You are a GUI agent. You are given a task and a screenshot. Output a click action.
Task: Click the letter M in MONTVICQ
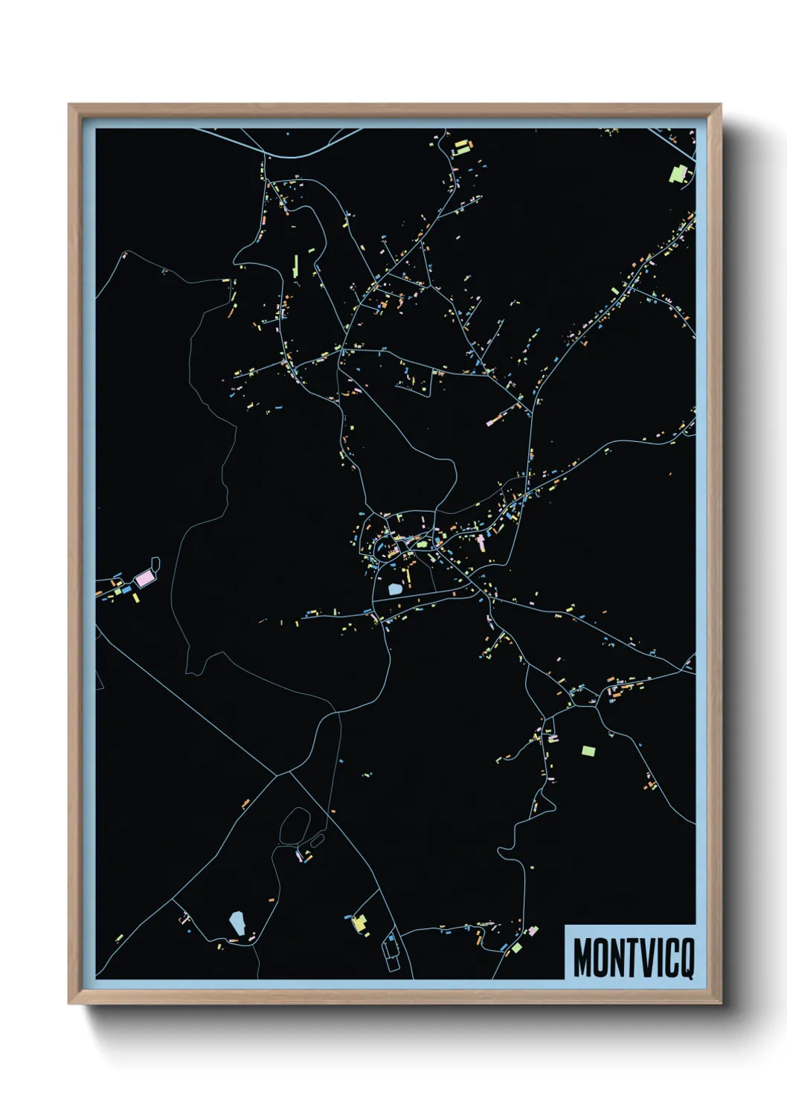582,958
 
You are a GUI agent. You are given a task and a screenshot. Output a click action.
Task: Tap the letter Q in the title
686,958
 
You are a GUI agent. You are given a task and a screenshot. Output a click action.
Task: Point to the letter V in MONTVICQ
644,958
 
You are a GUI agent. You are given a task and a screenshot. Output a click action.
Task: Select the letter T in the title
629,958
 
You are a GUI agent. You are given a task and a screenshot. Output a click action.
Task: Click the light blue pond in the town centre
395,589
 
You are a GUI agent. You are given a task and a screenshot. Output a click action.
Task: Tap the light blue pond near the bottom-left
237,923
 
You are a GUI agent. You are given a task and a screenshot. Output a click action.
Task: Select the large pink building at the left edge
144,577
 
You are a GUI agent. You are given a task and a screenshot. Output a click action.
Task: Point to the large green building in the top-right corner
678,174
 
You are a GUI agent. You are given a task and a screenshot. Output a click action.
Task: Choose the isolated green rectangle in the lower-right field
588,751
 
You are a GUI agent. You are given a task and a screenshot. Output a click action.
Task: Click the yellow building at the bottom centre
360,923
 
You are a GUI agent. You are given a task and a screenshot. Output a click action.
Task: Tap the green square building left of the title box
516,947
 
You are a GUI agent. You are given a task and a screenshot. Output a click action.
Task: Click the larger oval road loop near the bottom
295,826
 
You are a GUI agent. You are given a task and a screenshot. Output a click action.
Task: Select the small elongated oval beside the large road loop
318,841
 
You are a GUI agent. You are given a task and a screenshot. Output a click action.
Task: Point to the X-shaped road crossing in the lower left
279,775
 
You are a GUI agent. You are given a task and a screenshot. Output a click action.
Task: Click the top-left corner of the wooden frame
70,105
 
